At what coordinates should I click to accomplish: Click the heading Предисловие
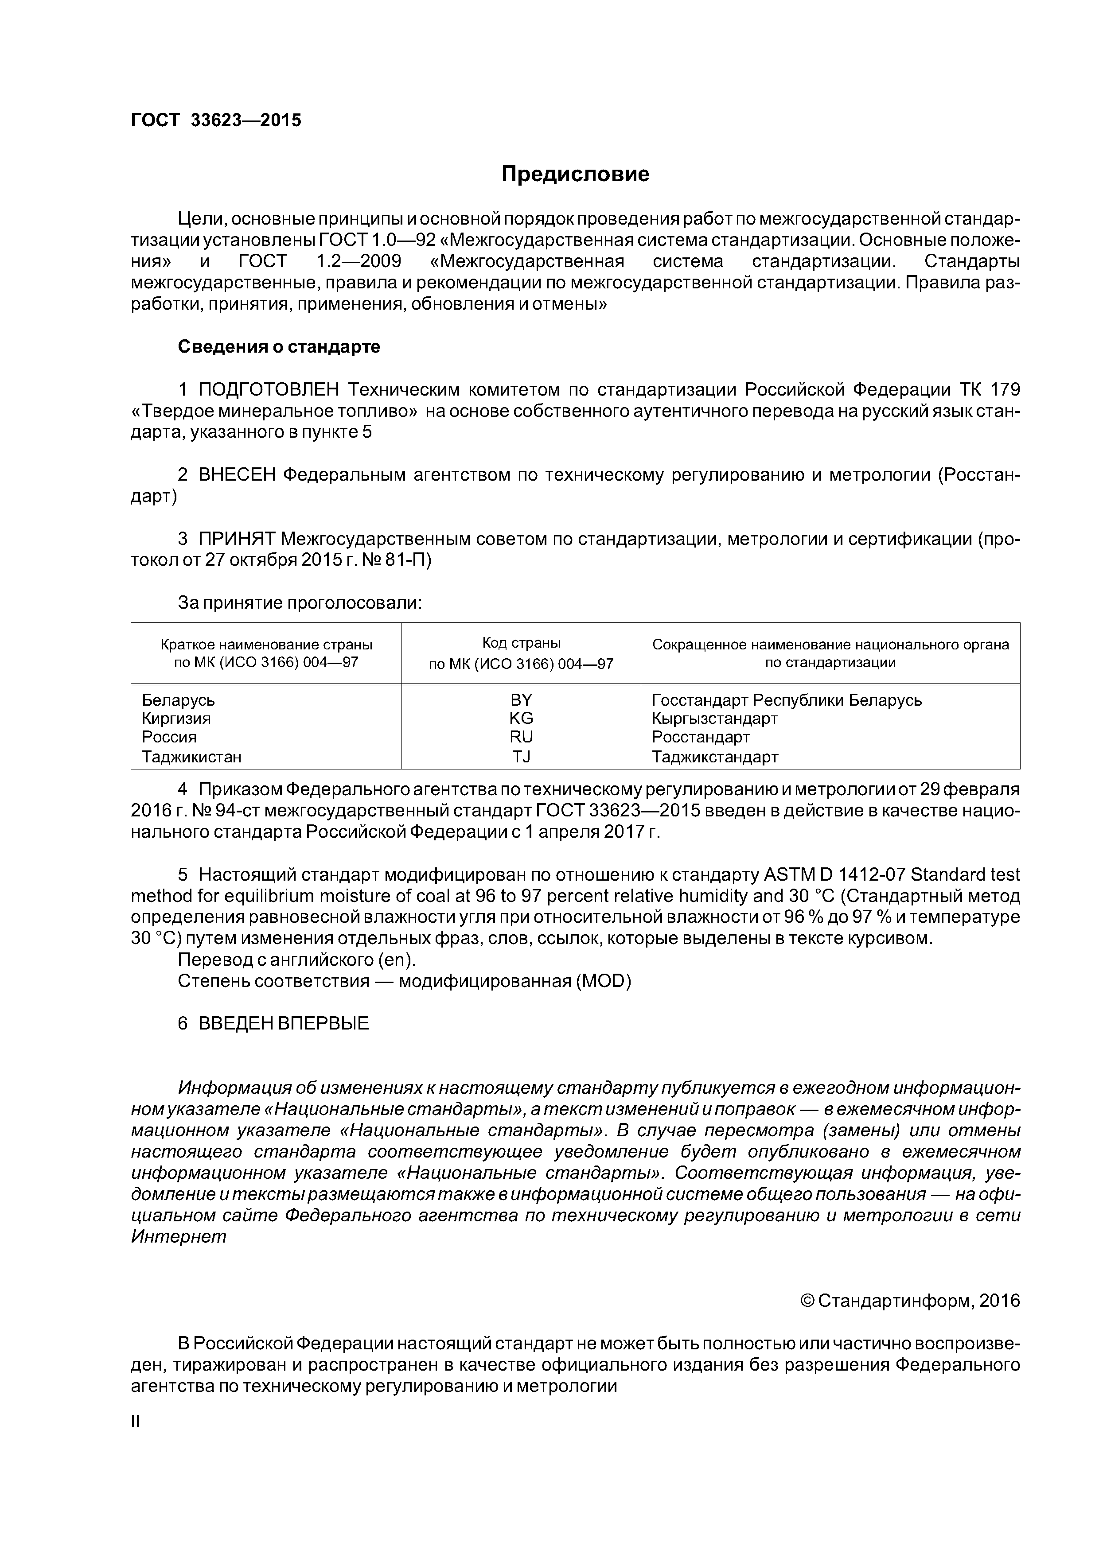coord(575,175)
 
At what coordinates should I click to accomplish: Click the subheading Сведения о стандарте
coord(278,346)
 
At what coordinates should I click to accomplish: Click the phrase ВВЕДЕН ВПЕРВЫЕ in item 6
coord(284,1023)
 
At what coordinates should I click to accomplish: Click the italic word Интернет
coord(178,1236)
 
